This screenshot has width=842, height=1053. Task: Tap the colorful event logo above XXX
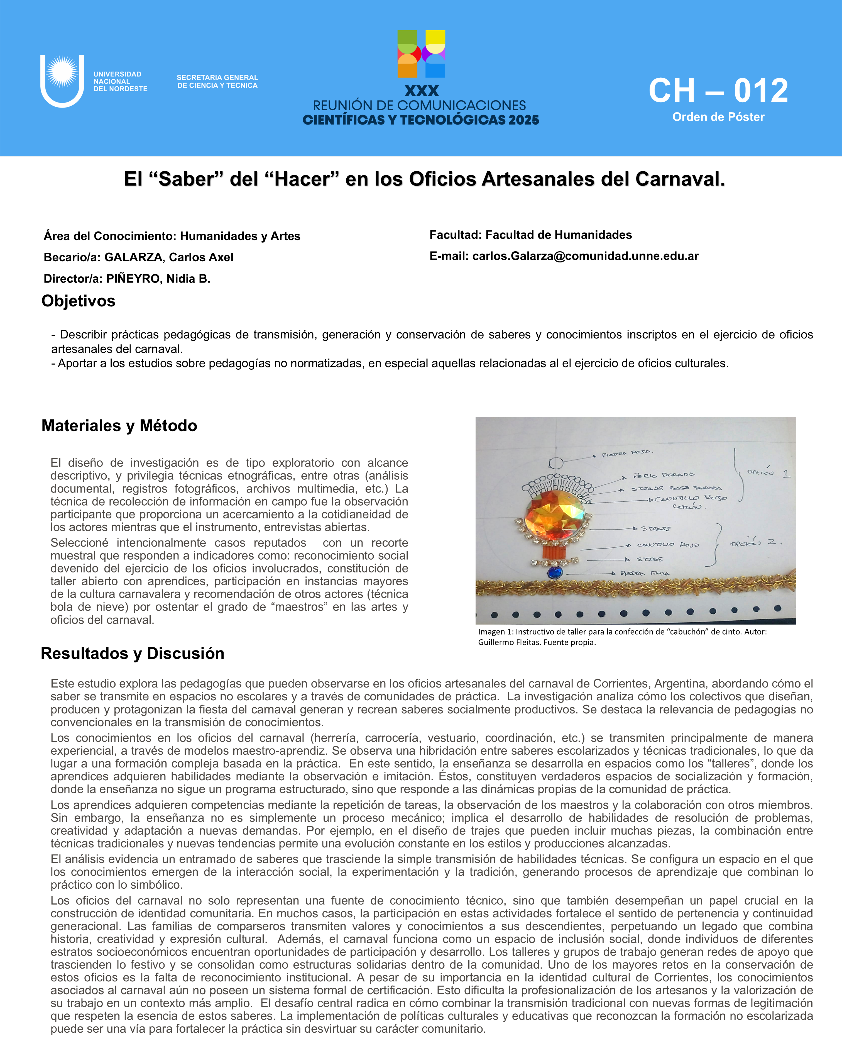click(421, 54)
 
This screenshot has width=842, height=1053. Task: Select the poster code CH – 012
click(718, 91)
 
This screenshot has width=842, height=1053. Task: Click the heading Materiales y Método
click(119, 425)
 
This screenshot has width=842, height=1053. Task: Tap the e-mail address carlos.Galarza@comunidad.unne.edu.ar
click(585, 256)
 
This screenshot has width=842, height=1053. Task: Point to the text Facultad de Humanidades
click(558, 235)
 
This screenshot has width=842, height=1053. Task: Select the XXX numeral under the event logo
click(422, 91)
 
